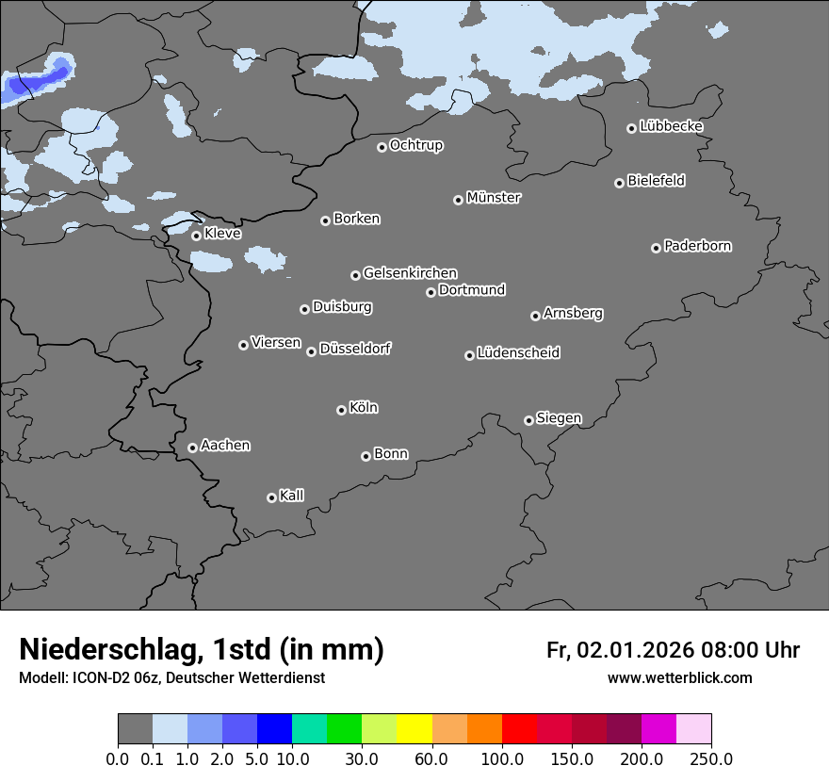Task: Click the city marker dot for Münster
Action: (458, 200)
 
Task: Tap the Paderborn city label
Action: (697, 246)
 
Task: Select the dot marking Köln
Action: (341, 410)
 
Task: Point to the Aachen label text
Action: (225, 445)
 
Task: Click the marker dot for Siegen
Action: (528, 420)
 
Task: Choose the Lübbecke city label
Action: (671, 126)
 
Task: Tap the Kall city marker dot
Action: (271, 497)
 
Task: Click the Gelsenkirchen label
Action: (410, 273)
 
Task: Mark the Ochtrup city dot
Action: (382, 147)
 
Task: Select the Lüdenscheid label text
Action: (518, 353)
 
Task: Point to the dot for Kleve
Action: (196, 236)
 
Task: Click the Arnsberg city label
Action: (573, 313)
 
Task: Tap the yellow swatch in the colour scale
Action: (414, 729)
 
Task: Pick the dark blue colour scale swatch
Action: (275, 729)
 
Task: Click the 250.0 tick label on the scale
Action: (711, 758)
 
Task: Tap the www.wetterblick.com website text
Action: (680, 677)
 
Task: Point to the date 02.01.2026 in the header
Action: (636, 650)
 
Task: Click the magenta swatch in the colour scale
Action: (658, 729)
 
